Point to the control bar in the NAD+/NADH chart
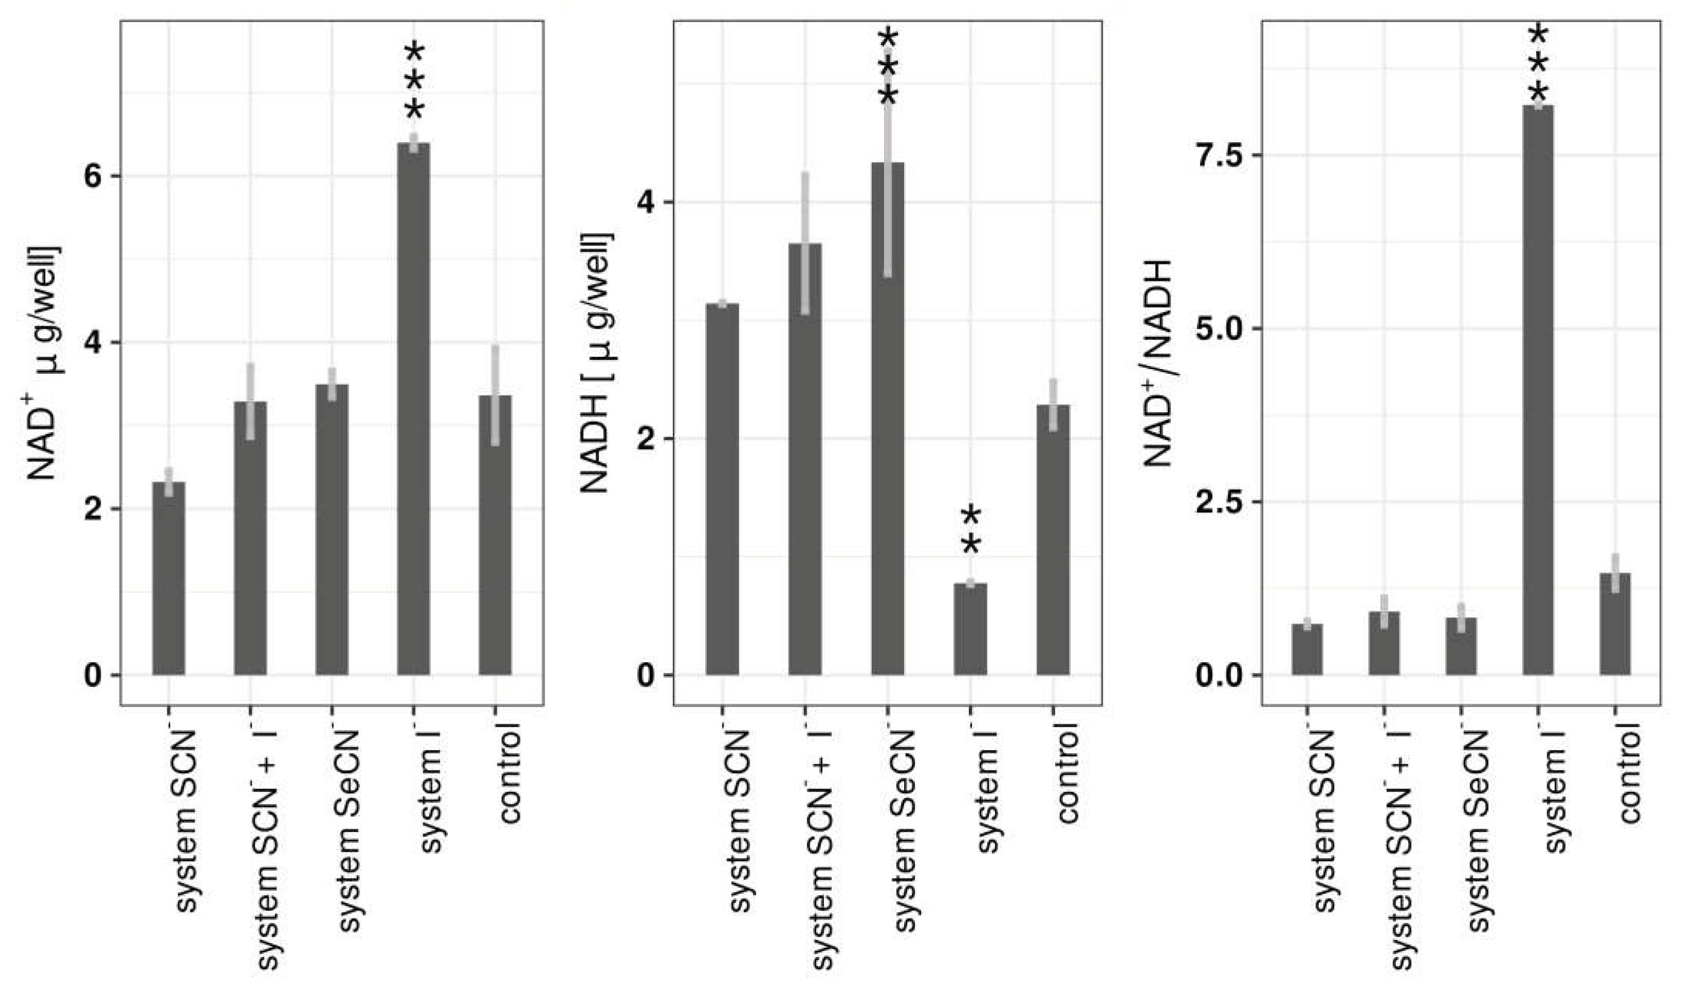coord(1615,624)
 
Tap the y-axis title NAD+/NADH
coord(1159,362)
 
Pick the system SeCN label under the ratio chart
coord(1478,831)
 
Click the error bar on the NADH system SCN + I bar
coord(805,243)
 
